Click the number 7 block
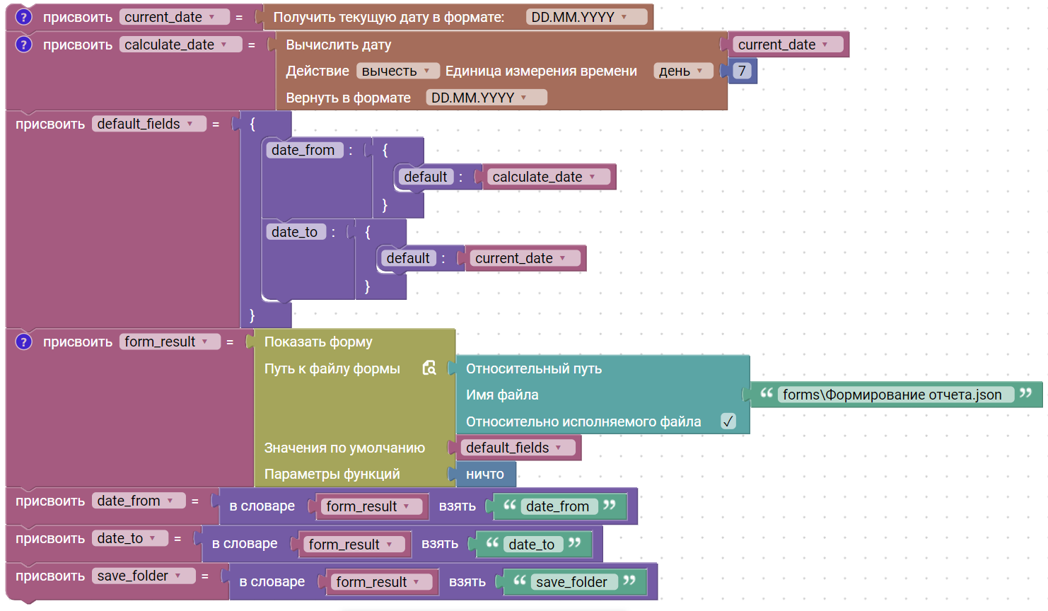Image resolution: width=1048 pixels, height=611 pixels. [x=742, y=71]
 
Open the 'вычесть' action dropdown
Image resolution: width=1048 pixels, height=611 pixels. [x=395, y=71]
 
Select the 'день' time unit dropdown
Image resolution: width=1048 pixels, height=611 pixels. [x=681, y=71]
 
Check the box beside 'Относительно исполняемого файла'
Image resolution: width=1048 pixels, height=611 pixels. [x=728, y=421]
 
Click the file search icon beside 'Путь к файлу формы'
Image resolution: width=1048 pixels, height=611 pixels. [x=429, y=368]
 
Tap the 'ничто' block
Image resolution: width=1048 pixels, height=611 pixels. [x=484, y=475]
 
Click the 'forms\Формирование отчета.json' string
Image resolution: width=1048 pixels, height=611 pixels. [x=892, y=395]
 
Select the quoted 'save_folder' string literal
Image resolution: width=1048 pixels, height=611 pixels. [x=571, y=582]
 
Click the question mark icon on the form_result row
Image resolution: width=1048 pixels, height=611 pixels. [x=24, y=342]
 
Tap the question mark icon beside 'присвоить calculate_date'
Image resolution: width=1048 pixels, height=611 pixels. [x=24, y=45]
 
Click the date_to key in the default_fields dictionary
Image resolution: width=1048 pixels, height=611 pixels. [x=294, y=232]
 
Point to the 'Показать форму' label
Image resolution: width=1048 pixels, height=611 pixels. [x=318, y=342]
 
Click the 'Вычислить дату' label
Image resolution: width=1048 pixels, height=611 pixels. [x=338, y=45]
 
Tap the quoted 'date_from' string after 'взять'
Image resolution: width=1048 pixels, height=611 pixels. [x=557, y=506]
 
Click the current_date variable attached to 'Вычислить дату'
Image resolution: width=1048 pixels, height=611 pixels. [x=783, y=45]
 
